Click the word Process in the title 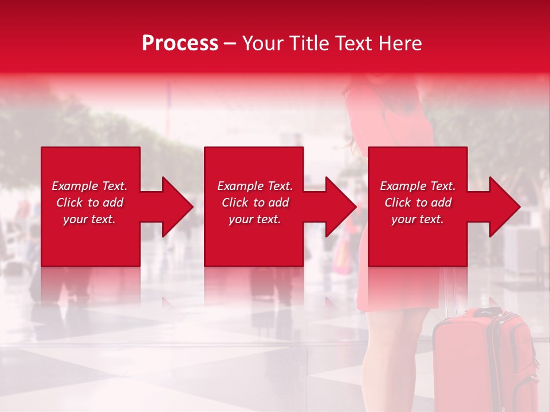[x=180, y=43]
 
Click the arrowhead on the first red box [x=175, y=207]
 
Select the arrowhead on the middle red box [x=339, y=207]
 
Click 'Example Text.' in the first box [x=89, y=186]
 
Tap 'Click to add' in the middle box [x=255, y=203]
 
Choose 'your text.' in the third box [x=417, y=219]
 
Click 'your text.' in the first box [x=89, y=219]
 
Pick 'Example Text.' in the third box [x=418, y=186]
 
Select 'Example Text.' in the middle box [x=255, y=186]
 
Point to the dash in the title [x=230, y=43]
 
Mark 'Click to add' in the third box [x=418, y=203]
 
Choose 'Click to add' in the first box [x=89, y=203]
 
